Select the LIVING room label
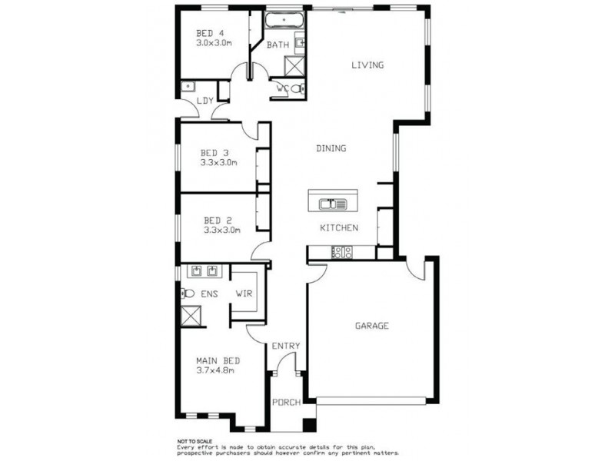pos(367,65)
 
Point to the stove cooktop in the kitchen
pos(341,251)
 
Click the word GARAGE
pos(371,326)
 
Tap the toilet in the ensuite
pos(187,293)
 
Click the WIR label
pos(244,294)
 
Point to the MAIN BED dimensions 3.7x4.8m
pos(215,370)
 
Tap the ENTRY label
pos(286,347)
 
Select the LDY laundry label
pos(204,101)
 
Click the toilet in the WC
pos(298,90)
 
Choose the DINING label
pos(331,148)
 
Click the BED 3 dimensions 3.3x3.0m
pos(220,162)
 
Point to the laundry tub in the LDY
pos(188,88)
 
